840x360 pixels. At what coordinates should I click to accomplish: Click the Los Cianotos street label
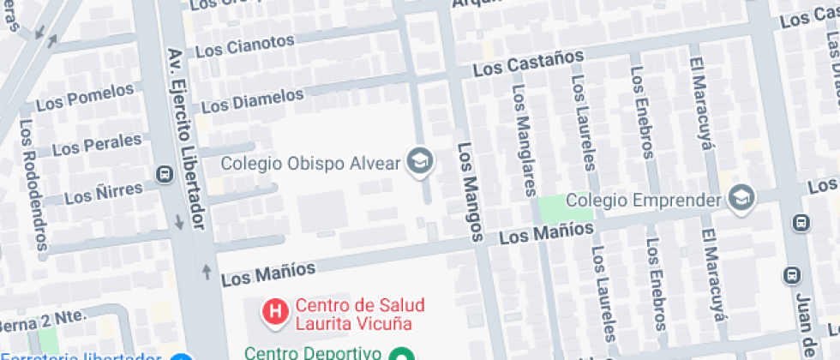pyautogui.click(x=245, y=45)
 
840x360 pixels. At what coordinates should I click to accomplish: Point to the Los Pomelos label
pyautogui.click(x=85, y=97)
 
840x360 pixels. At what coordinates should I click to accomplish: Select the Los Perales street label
pyautogui.click(x=96, y=145)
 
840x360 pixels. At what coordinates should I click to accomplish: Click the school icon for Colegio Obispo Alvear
pyautogui.click(x=419, y=161)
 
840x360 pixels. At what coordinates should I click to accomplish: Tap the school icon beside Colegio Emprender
pyautogui.click(x=739, y=200)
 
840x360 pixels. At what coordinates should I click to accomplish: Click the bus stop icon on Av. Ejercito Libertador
pyautogui.click(x=164, y=174)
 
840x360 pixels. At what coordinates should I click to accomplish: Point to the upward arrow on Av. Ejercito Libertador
pyautogui.click(x=206, y=273)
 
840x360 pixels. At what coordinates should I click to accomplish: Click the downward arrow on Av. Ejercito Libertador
pyautogui.click(x=179, y=221)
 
